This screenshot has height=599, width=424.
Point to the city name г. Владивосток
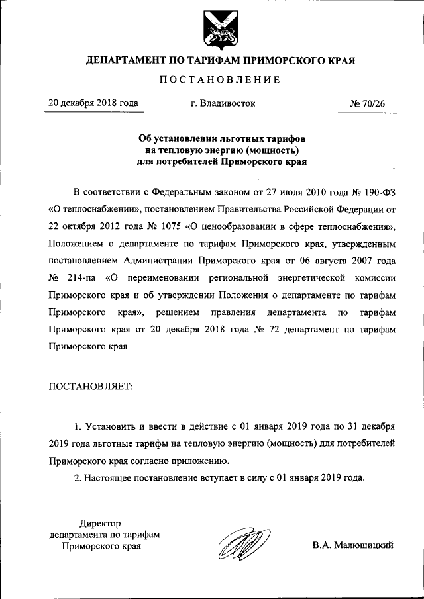click(222, 103)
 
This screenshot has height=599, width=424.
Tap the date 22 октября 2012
click(84, 226)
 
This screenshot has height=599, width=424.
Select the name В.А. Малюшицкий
click(353, 545)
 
